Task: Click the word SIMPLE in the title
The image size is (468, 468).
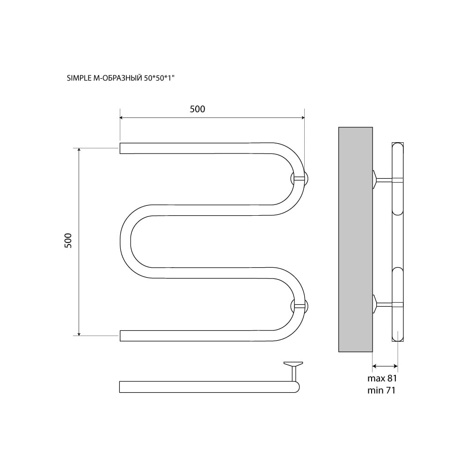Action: coord(78,78)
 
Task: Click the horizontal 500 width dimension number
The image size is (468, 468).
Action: coord(197,109)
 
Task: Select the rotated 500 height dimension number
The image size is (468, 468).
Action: coord(68,241)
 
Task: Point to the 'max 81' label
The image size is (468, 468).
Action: coord(382,379)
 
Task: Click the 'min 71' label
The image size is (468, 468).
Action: coord(381,390)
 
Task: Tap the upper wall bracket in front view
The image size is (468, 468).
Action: coord(300,179)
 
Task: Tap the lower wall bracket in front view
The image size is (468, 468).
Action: coord(300,306)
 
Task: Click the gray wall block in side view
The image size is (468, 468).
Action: coord(356,239)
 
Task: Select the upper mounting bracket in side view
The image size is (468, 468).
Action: coord(384,180)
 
